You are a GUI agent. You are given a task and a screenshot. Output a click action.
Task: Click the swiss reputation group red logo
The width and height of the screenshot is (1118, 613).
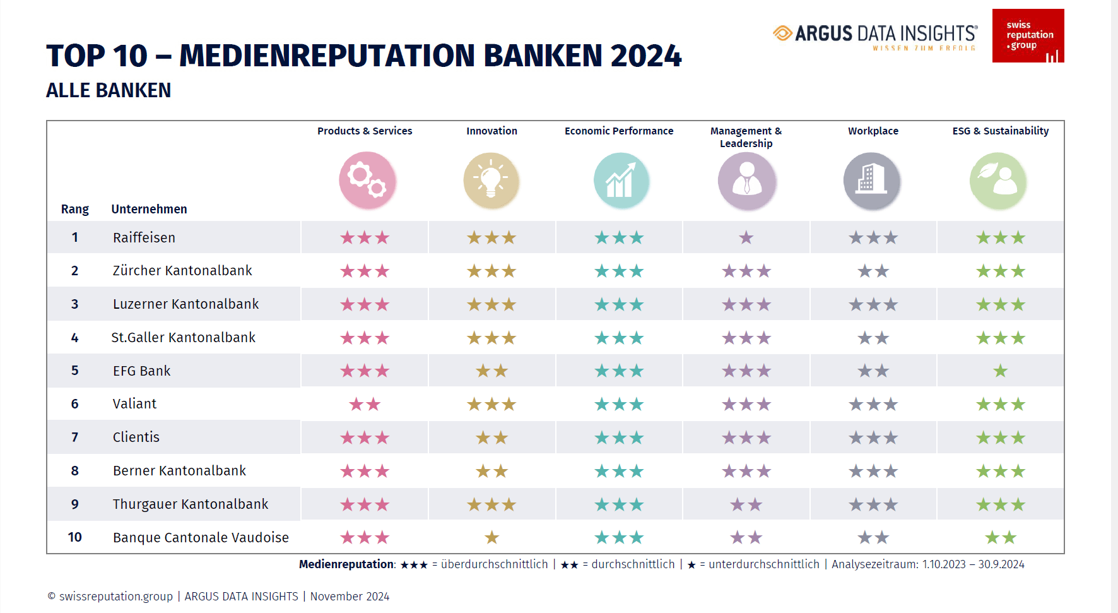click(1028, 35)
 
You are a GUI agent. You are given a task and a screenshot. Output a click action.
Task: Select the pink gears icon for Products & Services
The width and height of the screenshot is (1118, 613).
click(367, 180)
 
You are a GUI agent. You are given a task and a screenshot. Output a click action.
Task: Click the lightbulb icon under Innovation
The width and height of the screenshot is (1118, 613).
click(491, 181)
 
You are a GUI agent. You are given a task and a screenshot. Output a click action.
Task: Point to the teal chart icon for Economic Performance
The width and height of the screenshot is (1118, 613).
click(621, 181)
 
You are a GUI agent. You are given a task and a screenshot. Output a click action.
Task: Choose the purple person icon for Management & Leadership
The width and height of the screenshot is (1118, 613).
click(746, 181)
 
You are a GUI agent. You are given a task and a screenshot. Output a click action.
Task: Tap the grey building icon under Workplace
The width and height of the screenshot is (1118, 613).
click(872, 181)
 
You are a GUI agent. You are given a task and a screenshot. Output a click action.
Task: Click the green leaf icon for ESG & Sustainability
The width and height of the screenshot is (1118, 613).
click(998, 181)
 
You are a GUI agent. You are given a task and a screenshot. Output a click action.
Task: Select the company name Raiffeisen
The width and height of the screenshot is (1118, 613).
click(144, 238)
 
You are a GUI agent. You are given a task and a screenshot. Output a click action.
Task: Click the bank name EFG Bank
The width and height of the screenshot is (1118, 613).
click(141, 371)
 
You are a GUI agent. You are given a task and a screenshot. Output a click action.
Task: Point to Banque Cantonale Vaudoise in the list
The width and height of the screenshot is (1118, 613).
click(201, 538)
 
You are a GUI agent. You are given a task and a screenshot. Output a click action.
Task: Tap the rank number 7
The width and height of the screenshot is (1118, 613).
click(74, 437)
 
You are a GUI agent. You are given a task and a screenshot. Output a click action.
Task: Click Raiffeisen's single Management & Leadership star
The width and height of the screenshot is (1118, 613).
click(746, 238)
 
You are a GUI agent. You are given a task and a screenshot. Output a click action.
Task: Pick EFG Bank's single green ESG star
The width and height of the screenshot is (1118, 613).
click(1001, 371)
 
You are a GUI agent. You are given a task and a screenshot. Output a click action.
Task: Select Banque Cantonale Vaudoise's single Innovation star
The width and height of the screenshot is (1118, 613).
click(491, 538)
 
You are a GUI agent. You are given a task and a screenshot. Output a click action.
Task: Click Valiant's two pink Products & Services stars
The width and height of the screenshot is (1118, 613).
click(365, 405)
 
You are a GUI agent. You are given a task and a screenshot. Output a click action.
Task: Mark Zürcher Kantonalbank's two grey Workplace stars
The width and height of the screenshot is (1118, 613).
click(873, 271)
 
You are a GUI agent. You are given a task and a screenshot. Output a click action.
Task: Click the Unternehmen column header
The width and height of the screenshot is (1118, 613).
click(149, 210)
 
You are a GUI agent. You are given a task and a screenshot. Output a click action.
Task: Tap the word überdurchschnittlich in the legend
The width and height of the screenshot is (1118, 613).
click(494, 564)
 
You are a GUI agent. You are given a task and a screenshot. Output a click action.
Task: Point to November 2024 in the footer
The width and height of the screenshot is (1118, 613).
click(350, 597)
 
